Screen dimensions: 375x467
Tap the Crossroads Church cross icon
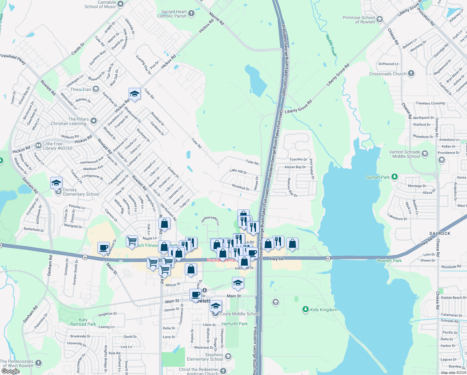(x=411, y=73)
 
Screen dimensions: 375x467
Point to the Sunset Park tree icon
(x=395, y=177)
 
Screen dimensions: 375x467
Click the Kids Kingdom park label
(x=324, y=310)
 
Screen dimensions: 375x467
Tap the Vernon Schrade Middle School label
(x=405, y=154)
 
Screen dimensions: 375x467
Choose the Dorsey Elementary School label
(x=81, y=192)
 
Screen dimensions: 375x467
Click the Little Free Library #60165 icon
(x=38, y=145)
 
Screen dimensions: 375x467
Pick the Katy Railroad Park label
(x=83, y=322)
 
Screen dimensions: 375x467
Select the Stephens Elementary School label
(x=205, y=357)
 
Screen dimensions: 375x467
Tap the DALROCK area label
(x=440, y=233)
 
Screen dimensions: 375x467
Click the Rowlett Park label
(x=389, y=261)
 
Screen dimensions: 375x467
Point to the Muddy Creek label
(x=331, y=46)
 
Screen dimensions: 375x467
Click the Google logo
(x=11, y=371)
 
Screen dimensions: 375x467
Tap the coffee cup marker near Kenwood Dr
(x=103, y=248)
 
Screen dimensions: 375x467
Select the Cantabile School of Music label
(x=100, y=4)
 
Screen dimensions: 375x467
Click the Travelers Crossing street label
(x=430, y=103)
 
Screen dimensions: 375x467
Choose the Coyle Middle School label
(x=240, y=314)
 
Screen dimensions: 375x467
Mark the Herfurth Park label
(x=234, y=324)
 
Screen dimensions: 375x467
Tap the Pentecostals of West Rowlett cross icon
(x=38, y=363)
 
